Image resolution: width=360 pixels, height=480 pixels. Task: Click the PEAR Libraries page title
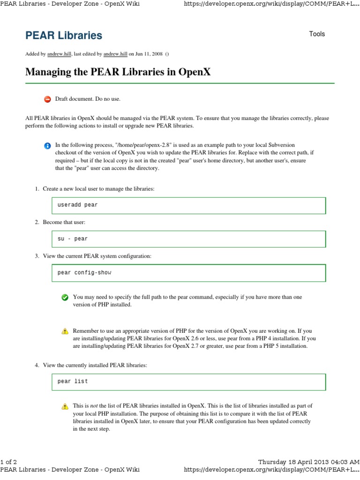click(63, 36)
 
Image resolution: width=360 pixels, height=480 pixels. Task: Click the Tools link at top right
click(317, 34)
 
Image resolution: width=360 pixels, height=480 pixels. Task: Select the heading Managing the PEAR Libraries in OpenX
click(118, 72)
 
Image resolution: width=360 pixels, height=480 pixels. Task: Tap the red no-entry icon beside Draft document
click(47, 99)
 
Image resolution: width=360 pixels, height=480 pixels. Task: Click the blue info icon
click(47, 146)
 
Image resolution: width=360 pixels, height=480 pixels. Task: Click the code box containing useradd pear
click(188, 205)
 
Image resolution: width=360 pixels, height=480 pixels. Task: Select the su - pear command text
click(73, 239)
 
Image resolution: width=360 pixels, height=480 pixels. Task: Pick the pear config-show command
click(84, 272)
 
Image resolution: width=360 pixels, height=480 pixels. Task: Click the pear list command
click(73, 381)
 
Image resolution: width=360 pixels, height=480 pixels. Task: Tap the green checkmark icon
click(65, 297)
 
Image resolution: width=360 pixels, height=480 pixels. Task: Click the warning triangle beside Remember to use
click(65, 331)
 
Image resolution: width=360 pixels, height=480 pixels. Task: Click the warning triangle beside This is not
click(65, 406)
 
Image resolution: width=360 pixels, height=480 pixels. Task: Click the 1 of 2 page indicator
click(9, 462)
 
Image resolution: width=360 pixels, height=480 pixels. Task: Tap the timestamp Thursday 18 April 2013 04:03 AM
click(308, 462)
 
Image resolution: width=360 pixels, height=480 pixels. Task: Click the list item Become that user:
click(64, 222)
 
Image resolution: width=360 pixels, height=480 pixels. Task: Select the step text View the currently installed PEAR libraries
click(95, 365)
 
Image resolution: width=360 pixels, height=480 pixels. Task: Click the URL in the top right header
click(271, 4)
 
